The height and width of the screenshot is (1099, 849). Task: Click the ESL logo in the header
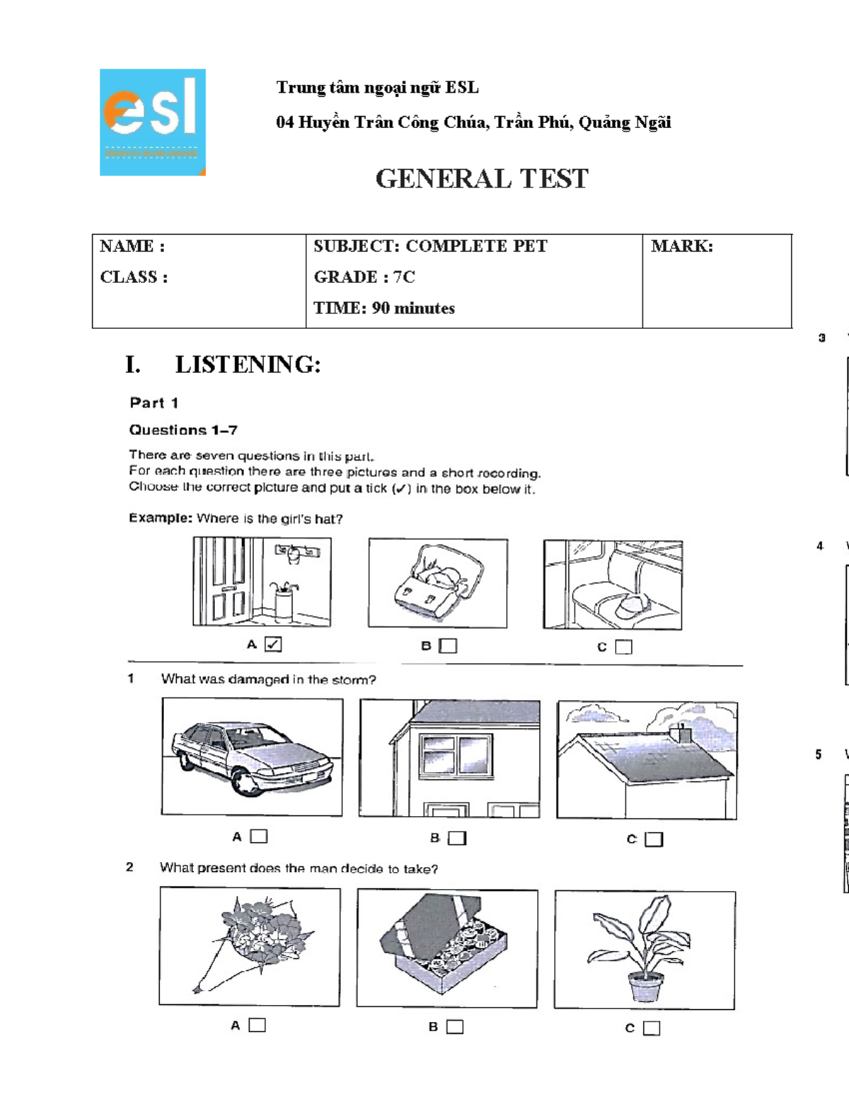pyautogui.click(x=152, y=122)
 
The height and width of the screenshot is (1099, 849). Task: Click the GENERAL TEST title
pyautogui.click(x=481, y=178)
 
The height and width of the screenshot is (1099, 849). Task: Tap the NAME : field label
pyautogui.click(x=132, y=246)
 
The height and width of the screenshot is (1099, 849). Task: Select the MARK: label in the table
pyautogui.click(x=681, y=246)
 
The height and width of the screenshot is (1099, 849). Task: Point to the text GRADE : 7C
pyautogui.click(x=364, y=277)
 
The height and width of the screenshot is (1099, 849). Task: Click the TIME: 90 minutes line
pyautogui.click(x=383, y=308)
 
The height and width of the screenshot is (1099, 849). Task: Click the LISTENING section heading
pyautogui.click(x=247, y=364)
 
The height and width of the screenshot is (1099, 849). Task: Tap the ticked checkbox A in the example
pyautogui.click(x=273, y=644)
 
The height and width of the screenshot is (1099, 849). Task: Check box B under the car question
pyautogui.click(x=458, y=838)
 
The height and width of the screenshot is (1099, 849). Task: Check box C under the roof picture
pyautogui.click(x=654, y=839)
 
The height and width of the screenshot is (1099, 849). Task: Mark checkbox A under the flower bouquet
pyautogui.click(x=258, y=1025)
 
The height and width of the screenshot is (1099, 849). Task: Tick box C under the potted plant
pyautogui.click(x=652, y=1028)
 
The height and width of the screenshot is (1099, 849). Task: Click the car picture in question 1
pyautogui.click(x=252, y=756)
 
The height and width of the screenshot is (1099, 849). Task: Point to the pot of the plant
pyautogui.click(x=645, y=986)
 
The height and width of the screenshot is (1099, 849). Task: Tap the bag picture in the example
pyautogui.click(x=437, y=582)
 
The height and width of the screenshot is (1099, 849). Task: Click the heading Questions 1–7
pyautogui.click(x=183, y=430)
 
